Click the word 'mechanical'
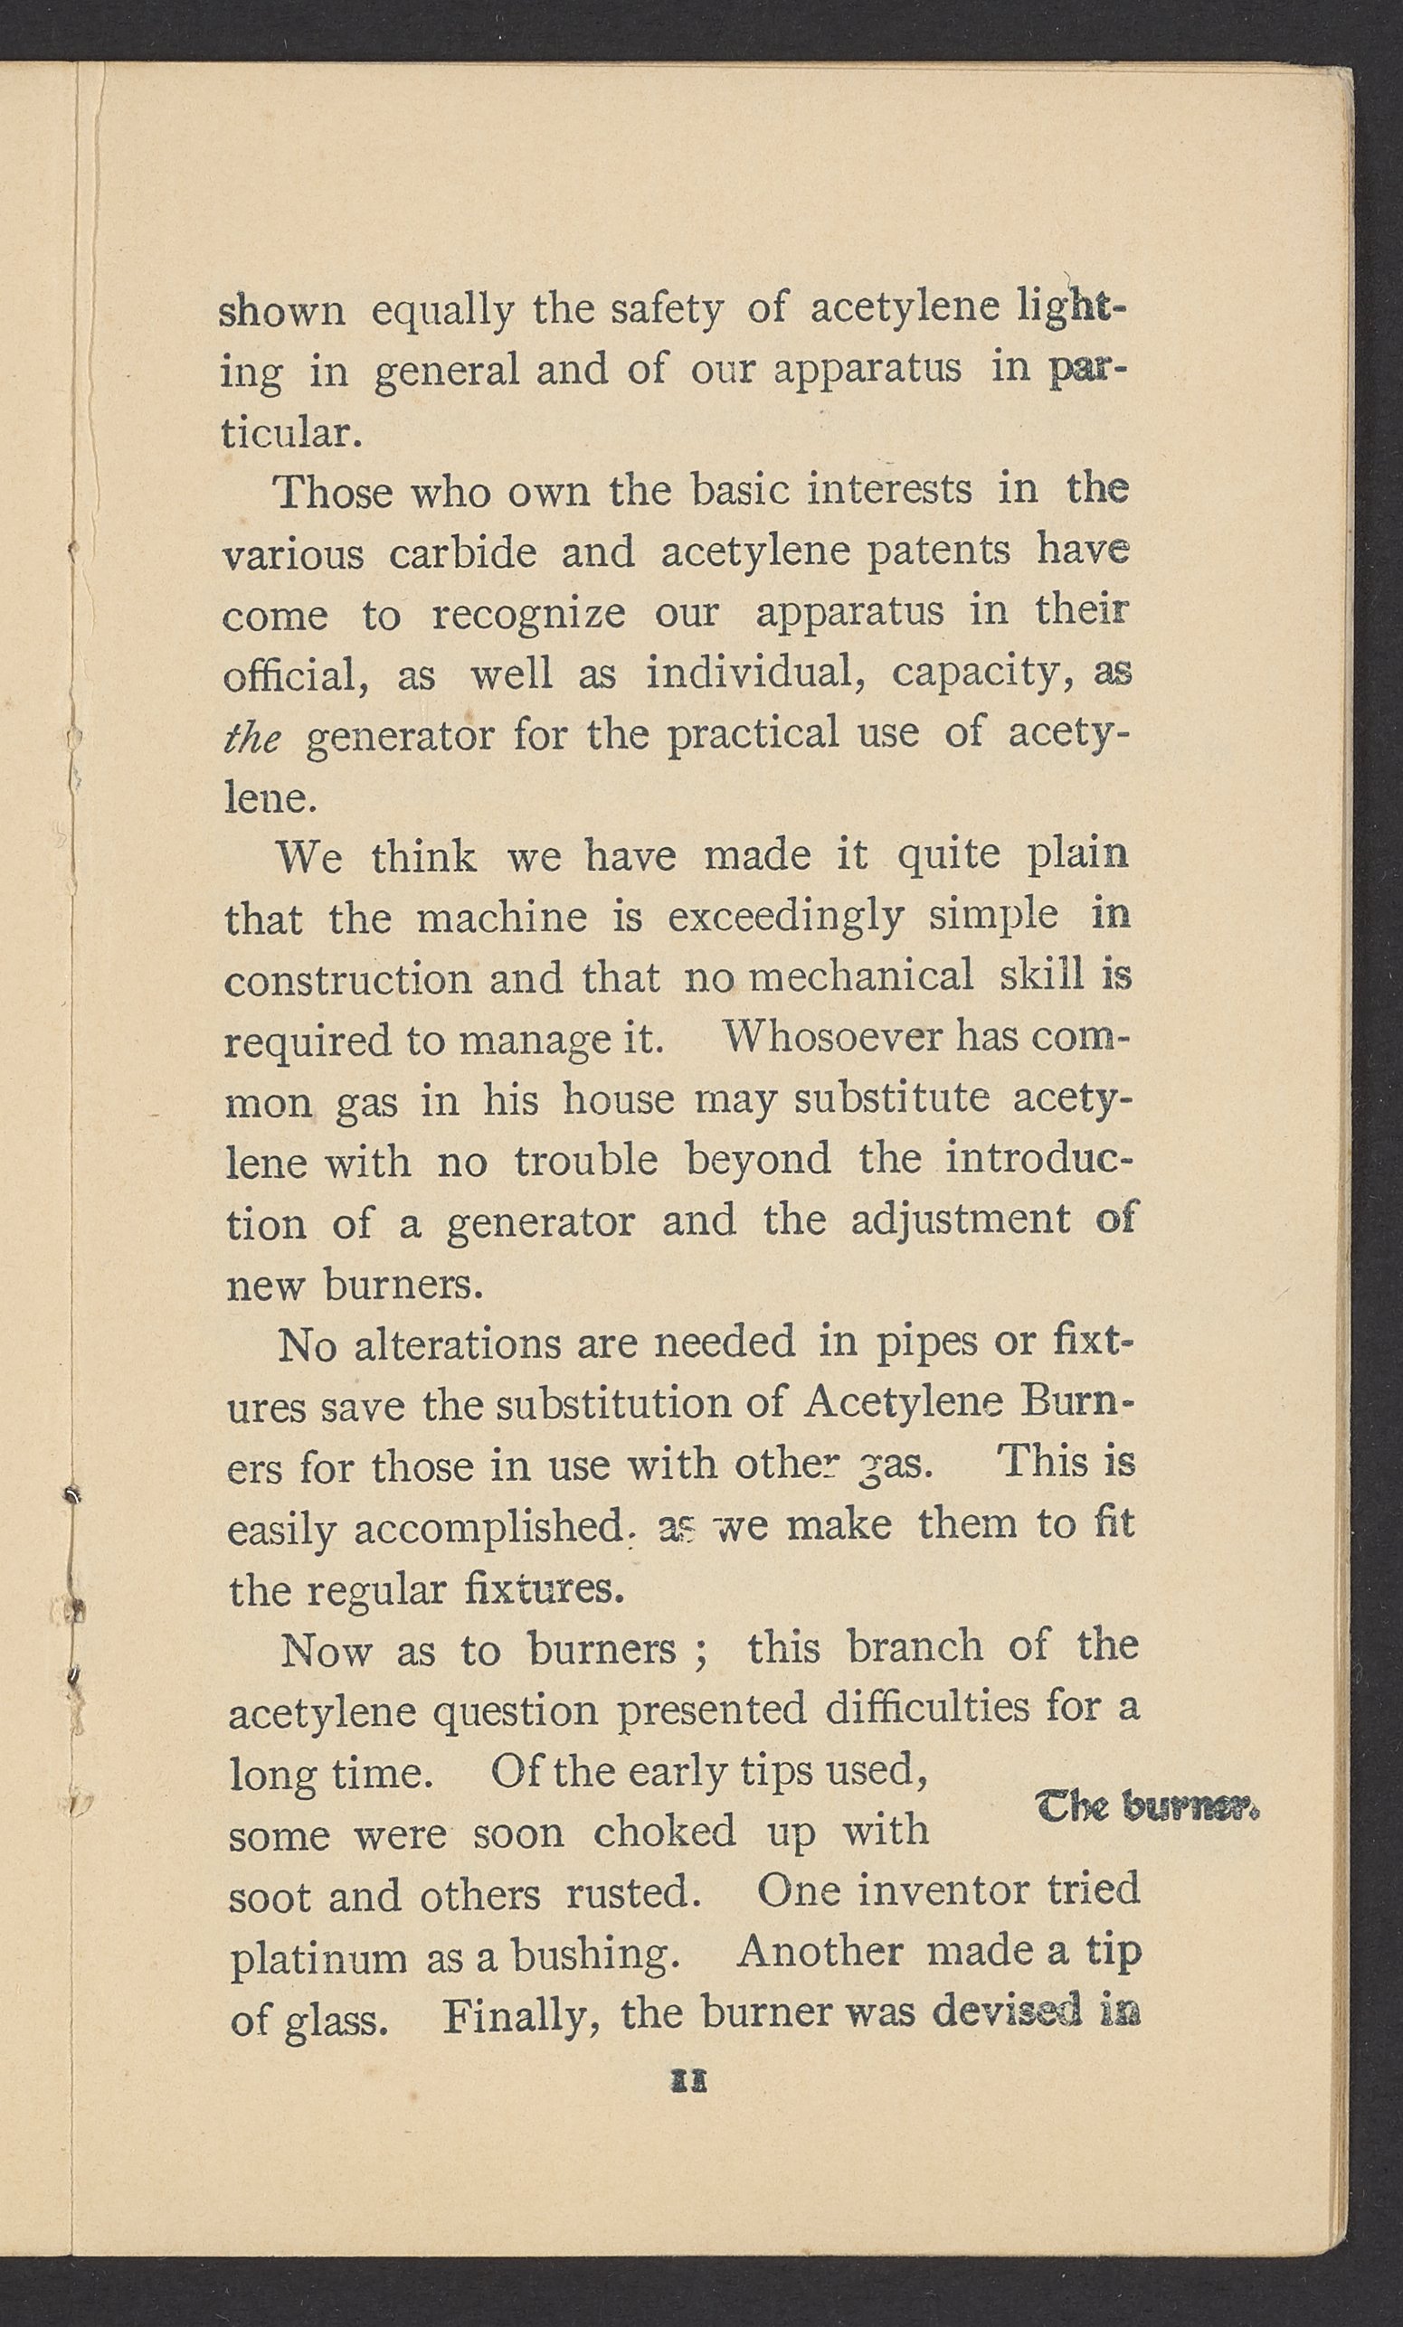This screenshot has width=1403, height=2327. (x=860, y=976)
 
